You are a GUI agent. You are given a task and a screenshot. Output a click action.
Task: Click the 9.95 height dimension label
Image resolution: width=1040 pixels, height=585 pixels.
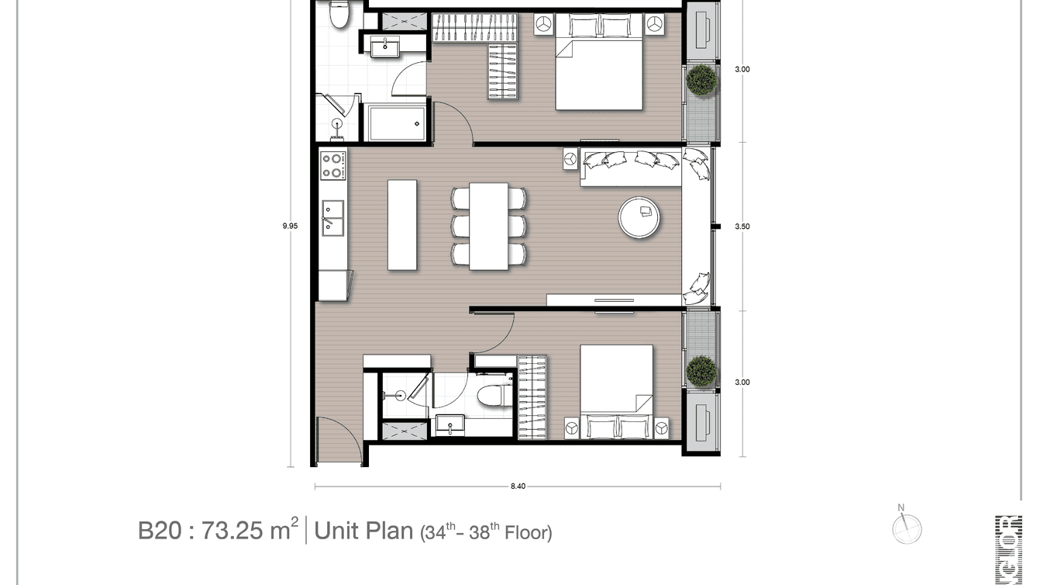pos(290,226)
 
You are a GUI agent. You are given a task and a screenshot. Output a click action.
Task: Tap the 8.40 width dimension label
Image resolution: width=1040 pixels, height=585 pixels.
pos(518,486)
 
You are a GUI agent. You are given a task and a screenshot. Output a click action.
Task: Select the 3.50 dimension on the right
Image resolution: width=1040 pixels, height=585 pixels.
pos(742,227)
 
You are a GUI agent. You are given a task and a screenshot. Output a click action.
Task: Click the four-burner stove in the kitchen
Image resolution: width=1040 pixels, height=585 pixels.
pos(332,164)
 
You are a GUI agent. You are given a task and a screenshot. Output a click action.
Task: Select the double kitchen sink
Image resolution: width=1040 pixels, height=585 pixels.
pos(332,217)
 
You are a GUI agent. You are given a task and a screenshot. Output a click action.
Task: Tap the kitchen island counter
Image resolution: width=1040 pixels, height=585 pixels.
pos(401,225)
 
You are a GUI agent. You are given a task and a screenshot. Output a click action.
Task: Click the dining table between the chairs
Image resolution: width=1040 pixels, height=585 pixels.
pos(488,226)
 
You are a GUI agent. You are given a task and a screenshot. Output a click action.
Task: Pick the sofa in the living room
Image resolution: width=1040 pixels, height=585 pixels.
pos(632,167)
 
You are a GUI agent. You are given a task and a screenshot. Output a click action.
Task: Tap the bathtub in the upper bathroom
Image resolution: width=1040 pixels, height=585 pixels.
pos(396,123)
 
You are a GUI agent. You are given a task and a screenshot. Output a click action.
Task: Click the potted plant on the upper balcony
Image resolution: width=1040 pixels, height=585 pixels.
pos(702,81)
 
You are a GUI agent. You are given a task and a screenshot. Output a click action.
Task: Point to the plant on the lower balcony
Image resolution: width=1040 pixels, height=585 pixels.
pos(701,371)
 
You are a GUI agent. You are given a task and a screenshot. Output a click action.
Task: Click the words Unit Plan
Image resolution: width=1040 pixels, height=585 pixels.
pos(363,531)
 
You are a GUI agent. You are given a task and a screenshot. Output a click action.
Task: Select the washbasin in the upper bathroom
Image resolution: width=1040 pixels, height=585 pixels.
pos(384,48)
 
